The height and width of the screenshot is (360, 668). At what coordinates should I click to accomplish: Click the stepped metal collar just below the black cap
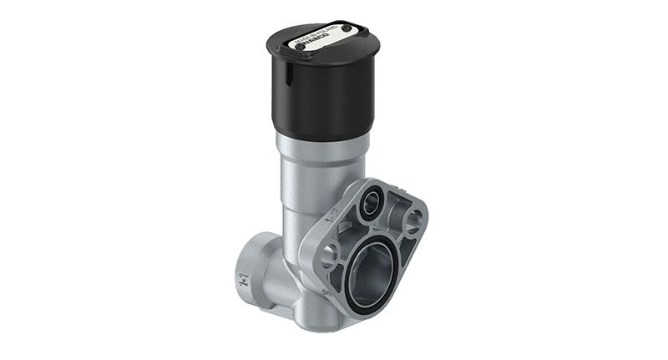(x=322, y=144)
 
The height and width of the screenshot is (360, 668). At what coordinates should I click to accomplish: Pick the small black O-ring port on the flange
(x=370, y=203)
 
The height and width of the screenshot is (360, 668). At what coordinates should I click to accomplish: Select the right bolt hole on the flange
(x=413, y=221)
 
